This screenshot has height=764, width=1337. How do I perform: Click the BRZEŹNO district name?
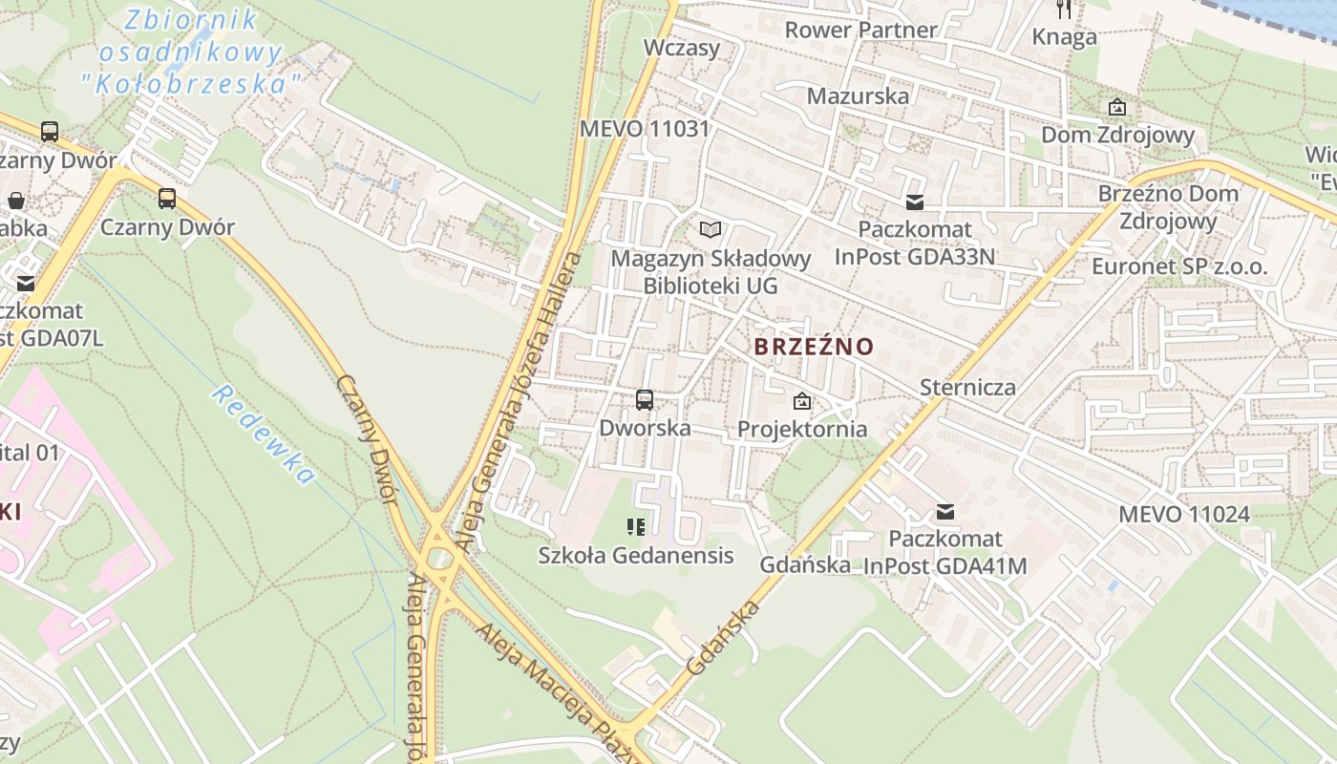(814, 346)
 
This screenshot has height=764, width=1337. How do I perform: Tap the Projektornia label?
(802, 429)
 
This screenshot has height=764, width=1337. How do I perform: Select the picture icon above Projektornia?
(802, 401)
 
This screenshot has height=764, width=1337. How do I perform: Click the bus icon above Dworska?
(645, 400)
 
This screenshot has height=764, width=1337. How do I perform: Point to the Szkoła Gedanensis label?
(636, 555)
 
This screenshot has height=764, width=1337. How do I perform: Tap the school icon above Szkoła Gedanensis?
(636, 526)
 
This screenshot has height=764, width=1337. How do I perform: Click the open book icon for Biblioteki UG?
(710, 229)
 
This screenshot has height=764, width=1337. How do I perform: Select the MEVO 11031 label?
(645, 129)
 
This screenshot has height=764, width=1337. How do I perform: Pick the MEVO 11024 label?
(1183, 514)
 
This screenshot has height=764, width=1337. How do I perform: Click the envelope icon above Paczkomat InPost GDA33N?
(915, 202)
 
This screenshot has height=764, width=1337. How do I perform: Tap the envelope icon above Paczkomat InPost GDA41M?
(945, 512)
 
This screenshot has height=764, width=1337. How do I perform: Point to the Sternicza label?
(967, 387)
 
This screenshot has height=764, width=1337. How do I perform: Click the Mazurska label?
(858, 95)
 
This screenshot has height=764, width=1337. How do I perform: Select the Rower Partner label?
(860, 30)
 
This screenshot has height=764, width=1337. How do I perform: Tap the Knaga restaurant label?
(1064, 37)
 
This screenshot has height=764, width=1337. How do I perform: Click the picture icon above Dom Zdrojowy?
(1116, 107)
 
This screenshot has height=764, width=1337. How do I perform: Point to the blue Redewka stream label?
(263, 435)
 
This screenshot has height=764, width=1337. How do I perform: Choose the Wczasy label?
(681, 48)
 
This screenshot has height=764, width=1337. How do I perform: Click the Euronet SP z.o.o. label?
(1179, 266)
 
